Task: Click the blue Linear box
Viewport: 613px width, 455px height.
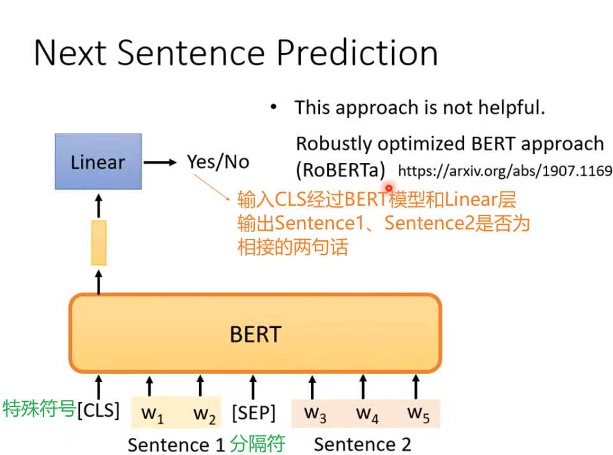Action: [98, 162]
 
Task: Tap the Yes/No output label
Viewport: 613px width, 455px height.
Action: [218, 162]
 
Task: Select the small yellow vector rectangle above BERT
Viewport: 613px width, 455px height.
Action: [99, 243]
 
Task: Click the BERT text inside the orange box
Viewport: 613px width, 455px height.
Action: [255, 334]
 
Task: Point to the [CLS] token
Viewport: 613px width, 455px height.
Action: [98, 410]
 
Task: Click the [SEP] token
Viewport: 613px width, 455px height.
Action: [254, 413]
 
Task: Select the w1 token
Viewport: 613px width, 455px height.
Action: [153, 415]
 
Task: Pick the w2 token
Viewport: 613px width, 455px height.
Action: [204, 415]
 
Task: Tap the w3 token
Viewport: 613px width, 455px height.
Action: [315, 414]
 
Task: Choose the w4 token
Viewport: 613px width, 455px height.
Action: [367, 414]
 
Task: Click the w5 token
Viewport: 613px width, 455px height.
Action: [418, 414]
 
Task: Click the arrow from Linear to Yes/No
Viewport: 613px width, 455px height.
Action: [160, 162]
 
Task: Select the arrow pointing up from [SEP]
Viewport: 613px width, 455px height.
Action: [254, 387]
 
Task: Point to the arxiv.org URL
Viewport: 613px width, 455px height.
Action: [505, 171]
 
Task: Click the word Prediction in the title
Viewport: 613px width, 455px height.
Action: [358, 53]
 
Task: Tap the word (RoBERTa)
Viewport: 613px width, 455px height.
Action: [340, 171]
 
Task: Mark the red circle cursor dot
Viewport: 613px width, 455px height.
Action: [389, 188]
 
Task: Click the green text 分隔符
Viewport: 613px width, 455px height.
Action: [257, 443]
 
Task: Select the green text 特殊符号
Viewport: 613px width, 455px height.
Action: [39, 409]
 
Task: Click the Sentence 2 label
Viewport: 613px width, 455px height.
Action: [363, 444]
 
